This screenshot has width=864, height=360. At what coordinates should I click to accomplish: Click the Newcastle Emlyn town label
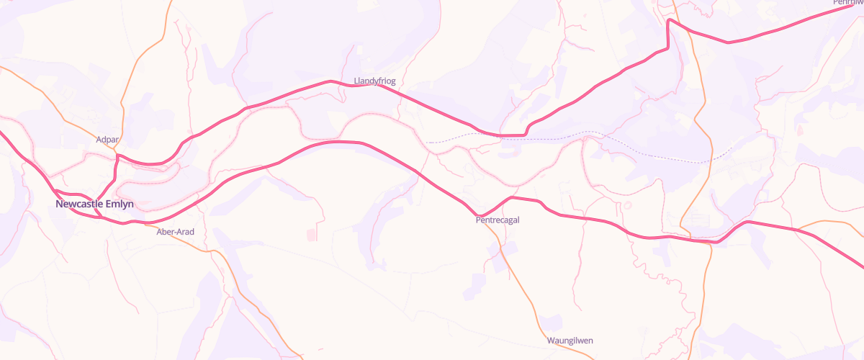tap(94, 204)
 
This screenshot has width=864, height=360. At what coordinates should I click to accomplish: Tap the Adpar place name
tap(107, 139)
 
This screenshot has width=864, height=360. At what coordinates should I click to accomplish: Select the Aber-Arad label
tap(175, 232)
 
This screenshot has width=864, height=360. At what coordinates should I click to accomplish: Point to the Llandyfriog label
tap(374, 81)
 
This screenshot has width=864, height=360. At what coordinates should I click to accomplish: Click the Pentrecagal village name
tap(497, 220)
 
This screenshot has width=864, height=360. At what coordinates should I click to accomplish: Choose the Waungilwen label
tap(570, 341)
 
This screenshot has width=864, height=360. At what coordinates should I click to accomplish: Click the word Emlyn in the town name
tap(118, 204)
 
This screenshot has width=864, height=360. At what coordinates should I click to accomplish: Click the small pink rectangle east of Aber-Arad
tap(312, 235)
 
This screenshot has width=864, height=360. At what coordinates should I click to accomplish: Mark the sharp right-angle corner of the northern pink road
tap(669, 21)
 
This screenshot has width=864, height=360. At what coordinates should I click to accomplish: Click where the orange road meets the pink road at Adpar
tap(117, 153)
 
